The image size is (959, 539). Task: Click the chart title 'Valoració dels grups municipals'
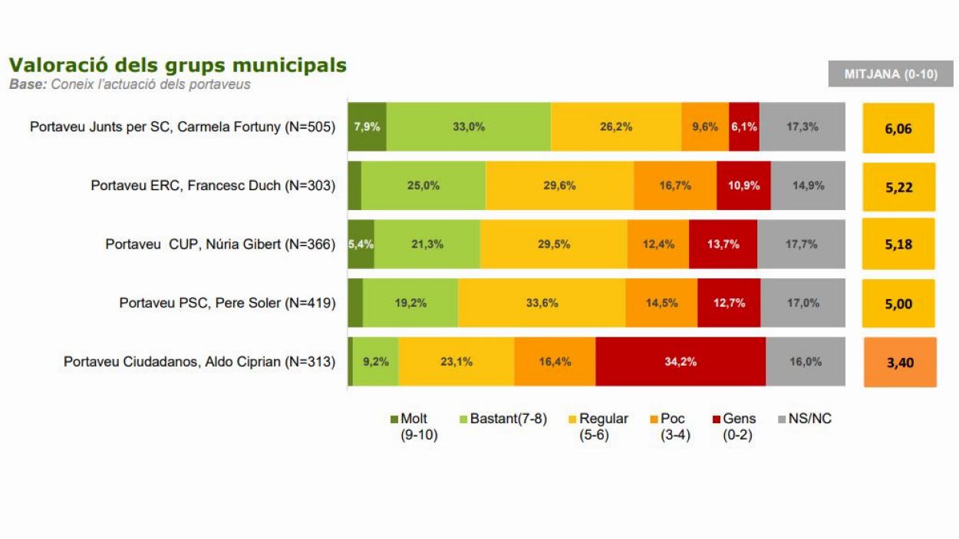(x=177, y=65)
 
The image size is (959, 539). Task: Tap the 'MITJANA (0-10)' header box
(x=891, y=74)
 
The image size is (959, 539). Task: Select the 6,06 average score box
(x=898, y=128)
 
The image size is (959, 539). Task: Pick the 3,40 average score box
(x=900, y=362)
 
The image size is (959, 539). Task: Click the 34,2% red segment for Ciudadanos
(x=680, y=362)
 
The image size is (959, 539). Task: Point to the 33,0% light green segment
(x=468, y=127)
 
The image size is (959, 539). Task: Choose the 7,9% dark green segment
(x=367, y=127)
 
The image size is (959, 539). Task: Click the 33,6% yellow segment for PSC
(x=542, y=303)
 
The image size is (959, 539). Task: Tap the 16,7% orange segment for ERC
(x=675, y=186)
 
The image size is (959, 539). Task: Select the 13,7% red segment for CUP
(x=723, y=245)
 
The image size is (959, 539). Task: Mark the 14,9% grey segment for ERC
(x=808, y=186)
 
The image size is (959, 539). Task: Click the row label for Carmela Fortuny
(x=183, y=127)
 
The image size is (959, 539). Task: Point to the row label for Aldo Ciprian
(x=199, y=362)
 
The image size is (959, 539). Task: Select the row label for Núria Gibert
(x=220, y=245)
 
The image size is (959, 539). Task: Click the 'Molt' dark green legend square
(x=394, y=419)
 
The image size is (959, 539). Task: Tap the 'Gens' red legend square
(x=717, y=419)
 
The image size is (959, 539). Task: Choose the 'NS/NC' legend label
(x=809, y=419)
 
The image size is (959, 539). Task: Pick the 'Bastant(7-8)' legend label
(x=508, y=419)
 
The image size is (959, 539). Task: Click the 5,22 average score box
(x=898, y=187)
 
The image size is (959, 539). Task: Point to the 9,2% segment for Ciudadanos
(x=375, y=362)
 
